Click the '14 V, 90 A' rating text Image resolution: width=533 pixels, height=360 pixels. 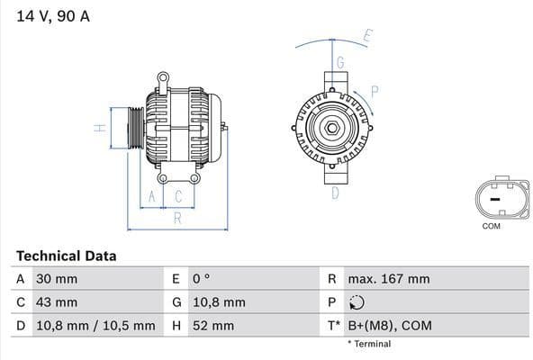(52, 16)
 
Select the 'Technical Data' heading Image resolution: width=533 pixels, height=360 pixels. (66, 256)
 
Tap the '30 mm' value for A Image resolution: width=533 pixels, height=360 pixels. (56, 279)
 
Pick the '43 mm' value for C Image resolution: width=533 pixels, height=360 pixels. (56, 302)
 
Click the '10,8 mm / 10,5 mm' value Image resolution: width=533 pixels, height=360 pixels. (95, 326)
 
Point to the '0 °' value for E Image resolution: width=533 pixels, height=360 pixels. (200, 279)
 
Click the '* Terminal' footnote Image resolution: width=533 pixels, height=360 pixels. (369, 344)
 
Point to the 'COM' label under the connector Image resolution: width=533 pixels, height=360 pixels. (491, 226)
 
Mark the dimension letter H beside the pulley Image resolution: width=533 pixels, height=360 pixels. (101, 128)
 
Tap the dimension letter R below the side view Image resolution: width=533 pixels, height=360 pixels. (177, 217)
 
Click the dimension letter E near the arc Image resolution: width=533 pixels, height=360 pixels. (367, 37)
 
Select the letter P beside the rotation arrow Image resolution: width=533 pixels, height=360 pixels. (374, 90)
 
